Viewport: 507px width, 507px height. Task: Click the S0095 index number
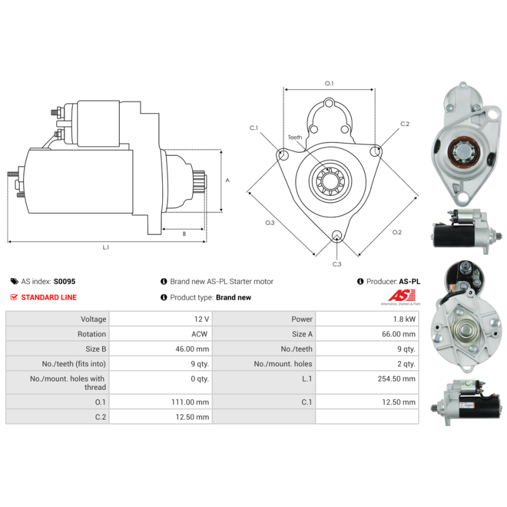tap(65, 281)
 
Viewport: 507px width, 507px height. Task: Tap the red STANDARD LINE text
tap(49, 297)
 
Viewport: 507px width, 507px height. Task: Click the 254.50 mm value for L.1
tap(397, 378)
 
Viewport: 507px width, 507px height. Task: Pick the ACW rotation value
tap(200, 334)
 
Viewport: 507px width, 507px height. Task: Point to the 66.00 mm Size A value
tap(399, 334)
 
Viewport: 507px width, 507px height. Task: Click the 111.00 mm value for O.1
tap(190, 402)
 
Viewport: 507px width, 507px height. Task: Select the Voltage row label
tap(93, 319)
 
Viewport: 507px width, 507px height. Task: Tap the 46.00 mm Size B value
tap(192, 349)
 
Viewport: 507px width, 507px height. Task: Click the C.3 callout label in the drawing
tap(337, 264)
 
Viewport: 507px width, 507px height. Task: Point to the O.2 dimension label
tap(397, 232)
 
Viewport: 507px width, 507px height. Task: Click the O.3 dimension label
tap(270, 222)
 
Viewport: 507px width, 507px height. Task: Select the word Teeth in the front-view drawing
tap(295, 138)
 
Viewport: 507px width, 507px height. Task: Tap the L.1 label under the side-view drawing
tap(106, 247)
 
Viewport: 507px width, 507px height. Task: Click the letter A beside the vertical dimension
tap(228, 181)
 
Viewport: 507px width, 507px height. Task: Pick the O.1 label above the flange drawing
tap(329, 84)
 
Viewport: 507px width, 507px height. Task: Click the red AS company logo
tap(402, 295)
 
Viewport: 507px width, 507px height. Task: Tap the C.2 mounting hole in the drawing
tap(375, 151)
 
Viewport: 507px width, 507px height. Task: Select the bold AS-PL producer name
tap(409, 281)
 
